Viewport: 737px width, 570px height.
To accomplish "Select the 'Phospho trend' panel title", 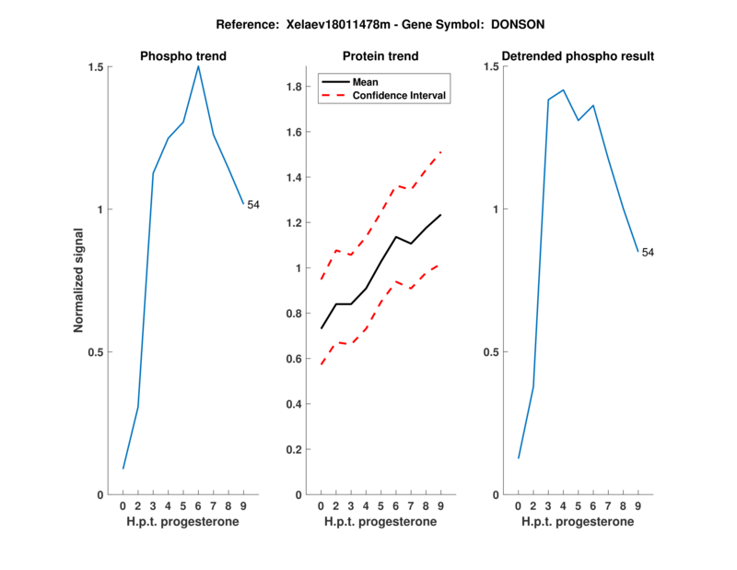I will click(182, 56).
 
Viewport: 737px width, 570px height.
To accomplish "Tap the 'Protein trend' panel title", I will click(380, 56).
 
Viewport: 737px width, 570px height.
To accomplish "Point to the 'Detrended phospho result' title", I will click(577, 56).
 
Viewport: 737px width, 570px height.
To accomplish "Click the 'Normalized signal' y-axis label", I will click(79, 281).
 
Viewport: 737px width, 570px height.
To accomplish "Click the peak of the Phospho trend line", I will click(198, 65).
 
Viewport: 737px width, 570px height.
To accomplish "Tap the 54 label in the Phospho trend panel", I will click(253, 205).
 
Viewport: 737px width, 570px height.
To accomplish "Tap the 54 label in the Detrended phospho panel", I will click(648, 252).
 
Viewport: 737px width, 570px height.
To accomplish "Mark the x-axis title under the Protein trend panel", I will click(380, 522).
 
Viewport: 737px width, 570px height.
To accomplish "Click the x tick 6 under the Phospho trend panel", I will click(198, 505).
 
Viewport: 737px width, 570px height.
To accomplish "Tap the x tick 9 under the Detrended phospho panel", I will click(638, 505).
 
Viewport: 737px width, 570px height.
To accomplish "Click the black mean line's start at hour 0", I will click(321, 328).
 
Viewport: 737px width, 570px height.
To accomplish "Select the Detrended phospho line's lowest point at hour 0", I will click(518, 458).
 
